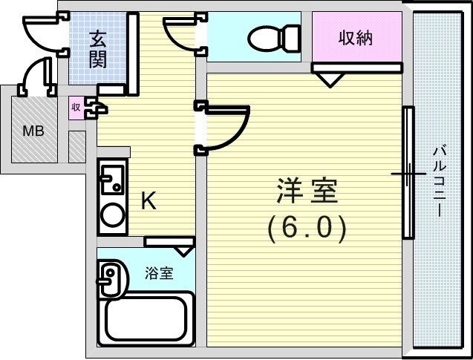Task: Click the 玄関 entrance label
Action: click(x=98, y=49)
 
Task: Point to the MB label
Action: click(x=33, y=132)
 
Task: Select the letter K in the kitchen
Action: click(x=149, y=202)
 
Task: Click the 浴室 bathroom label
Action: click(x=159, y=273)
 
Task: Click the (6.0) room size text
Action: click(x=307, y=228)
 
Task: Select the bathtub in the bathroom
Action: click(x=149, y=318)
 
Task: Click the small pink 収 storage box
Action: click(x=76, y=108)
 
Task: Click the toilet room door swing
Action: click(x=181, y=34)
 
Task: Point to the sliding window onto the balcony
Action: click(x=407, y=173)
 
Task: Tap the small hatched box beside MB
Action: click(x=77, y=147)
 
